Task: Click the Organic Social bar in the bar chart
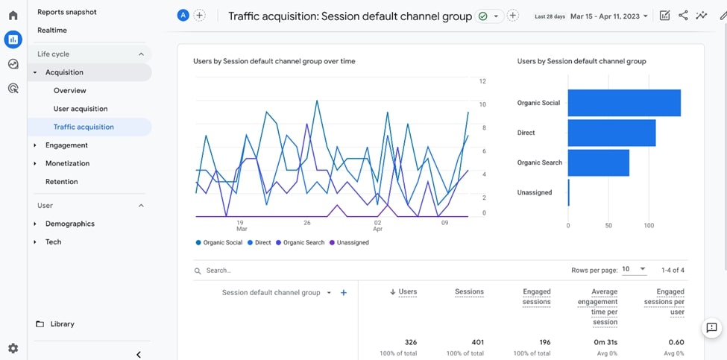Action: (x=624, y=103)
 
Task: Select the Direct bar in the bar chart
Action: (x=611, y=133)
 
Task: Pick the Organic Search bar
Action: (x=598, y=162)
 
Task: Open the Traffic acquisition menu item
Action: (x=84, y=127)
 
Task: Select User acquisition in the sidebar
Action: (x=81, y=109)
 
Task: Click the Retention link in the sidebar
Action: (x=61, y=182)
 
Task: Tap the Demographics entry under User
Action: (x=69, y=224)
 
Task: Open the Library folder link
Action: (x=62, y=324)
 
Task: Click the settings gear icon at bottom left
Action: (x=13, y=348)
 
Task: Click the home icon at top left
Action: (x=13, y=15)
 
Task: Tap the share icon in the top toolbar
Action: (x=683, y=16)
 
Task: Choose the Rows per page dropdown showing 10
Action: (x=634, y=269)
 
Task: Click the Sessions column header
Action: (x=469, y=292)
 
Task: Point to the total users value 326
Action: (x=410, y=342)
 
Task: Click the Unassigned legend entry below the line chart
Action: (x=352, y=242)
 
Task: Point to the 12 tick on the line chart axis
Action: (x=482, y=81)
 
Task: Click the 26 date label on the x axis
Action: (x=307, y=222)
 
